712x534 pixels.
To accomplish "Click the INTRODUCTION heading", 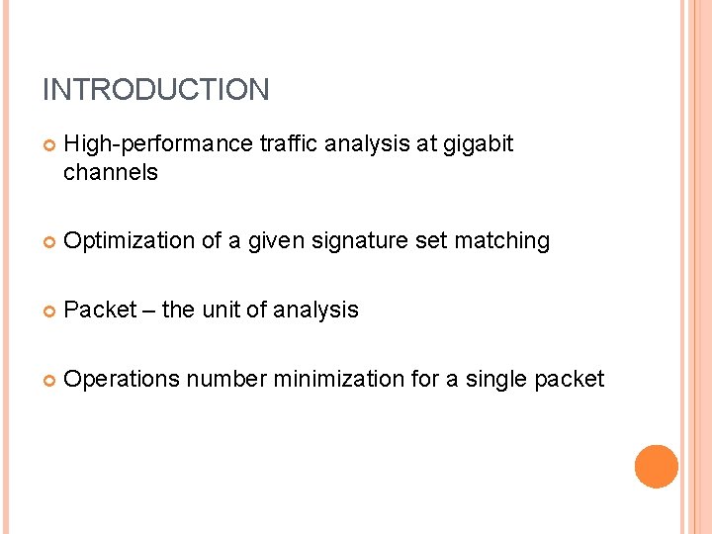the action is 155,90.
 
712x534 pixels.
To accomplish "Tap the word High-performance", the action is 158,144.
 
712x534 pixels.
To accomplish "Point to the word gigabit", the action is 479,144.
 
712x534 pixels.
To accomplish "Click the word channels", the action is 110,172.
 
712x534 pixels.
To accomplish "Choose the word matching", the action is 501,241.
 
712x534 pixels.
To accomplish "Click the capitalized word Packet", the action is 99,310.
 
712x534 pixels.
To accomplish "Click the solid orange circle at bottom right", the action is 656,467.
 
